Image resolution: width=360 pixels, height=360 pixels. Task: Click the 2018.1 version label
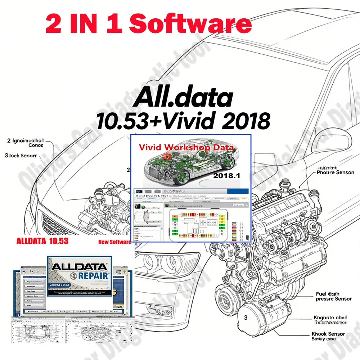click(x=226, y=176)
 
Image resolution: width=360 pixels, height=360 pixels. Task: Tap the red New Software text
click(x=114, y=242)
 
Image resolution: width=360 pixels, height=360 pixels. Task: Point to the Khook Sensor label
click(x=328, y=334)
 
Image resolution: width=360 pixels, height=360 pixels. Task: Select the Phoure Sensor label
click(x=335, y=172)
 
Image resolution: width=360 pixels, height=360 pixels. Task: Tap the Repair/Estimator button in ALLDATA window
click(x=33, y=278)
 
